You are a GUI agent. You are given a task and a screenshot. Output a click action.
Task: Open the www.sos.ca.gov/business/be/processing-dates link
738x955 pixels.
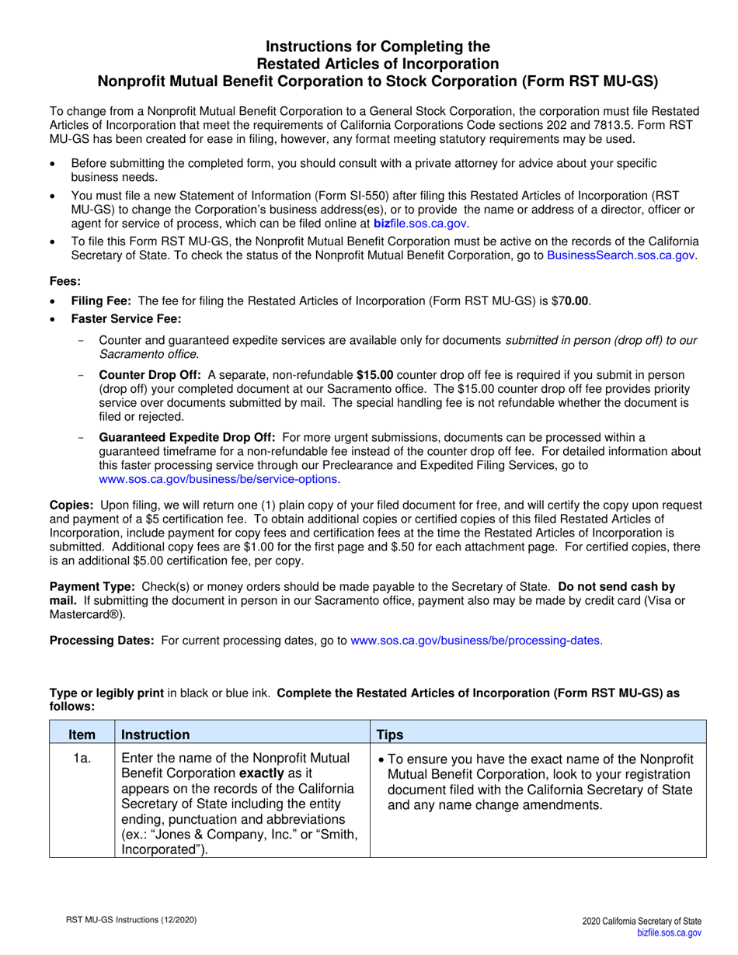pos(475,641)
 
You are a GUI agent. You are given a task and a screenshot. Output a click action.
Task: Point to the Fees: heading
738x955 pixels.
pos(65,281)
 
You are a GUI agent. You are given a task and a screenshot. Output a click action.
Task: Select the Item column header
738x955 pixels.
pos(82,734)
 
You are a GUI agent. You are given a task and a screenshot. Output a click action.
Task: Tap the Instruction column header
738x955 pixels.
pos(155,734)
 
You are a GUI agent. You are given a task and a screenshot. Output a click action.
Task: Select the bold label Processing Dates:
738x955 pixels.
pos(102,641)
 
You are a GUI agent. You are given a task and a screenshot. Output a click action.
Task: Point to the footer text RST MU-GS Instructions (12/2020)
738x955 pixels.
pos(130,921)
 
